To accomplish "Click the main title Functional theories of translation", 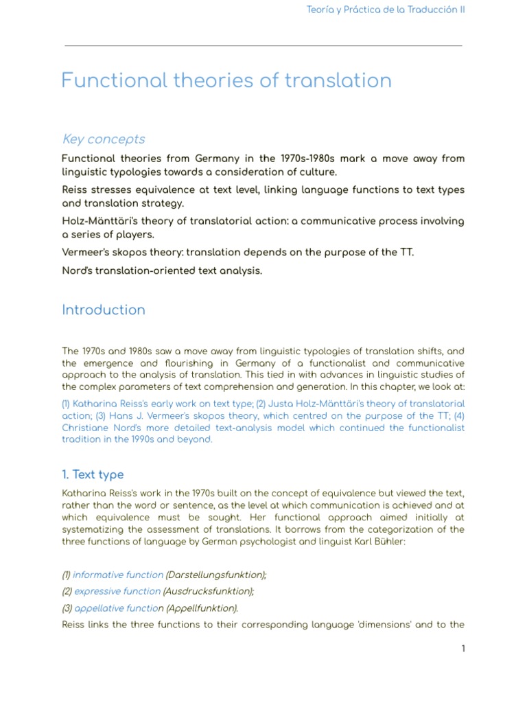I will coord(226,81).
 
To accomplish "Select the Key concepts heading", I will coord(104,139).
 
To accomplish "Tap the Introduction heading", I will coord(104,310).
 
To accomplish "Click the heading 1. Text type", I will coord(93,474).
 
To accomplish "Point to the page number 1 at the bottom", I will coord(463,649).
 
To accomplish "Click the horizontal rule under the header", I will coord(263,46).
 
